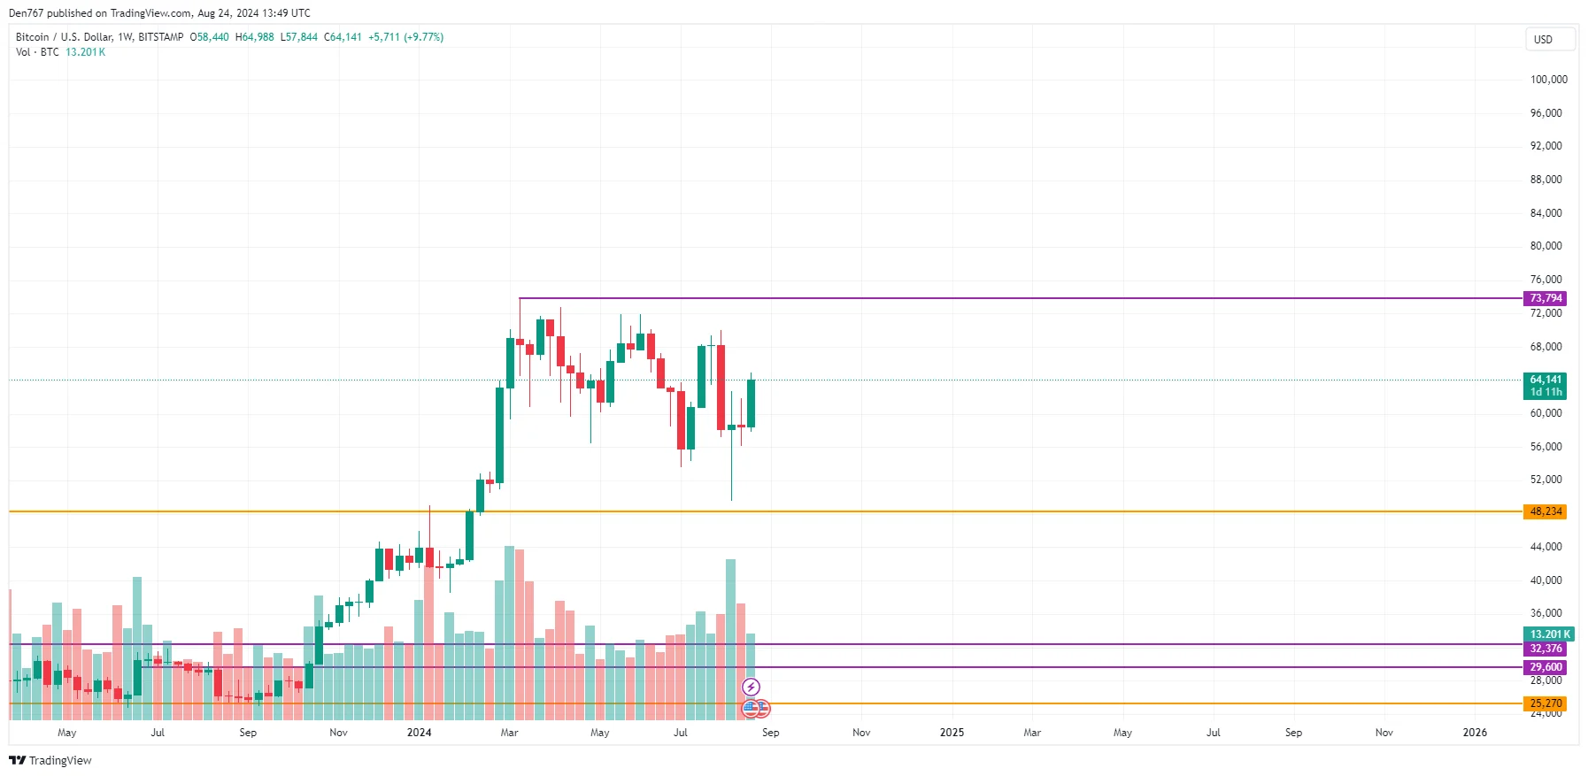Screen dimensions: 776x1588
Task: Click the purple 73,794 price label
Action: point(1545,298)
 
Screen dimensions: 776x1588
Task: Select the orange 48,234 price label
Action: point(1545,511)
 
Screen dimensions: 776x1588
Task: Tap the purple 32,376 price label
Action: point(1545,649)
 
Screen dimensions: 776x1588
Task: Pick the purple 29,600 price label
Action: point(1545,667)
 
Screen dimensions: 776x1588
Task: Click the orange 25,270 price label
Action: point(1545,703)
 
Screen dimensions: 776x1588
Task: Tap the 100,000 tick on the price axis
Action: point(1548,80)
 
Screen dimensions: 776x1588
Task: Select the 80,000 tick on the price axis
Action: point(1546,246)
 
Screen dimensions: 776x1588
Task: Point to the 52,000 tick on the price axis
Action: point(1546,480)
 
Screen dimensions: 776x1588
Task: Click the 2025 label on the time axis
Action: point(952,733)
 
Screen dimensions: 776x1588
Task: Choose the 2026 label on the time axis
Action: point(1475,733)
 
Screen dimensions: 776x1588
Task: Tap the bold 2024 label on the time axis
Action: point(419,733)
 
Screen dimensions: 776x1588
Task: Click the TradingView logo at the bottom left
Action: point(50,760)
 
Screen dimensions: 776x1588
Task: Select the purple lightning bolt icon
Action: point(751,687)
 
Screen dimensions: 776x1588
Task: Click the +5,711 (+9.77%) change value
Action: point(405,37)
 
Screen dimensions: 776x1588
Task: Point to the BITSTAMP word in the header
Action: point(161,37)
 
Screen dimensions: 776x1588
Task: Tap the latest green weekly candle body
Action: point(751,403)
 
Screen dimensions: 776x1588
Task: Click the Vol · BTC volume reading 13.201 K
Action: point(85,52)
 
